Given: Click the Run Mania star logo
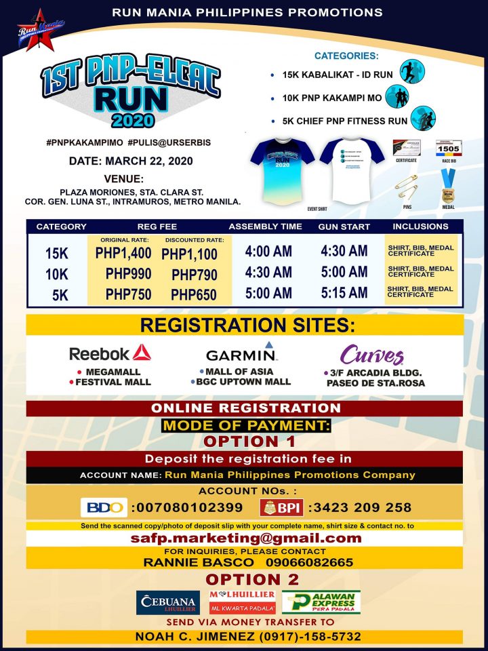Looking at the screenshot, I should pos(39,31).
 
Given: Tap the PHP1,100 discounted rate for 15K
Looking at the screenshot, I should pos(189,254).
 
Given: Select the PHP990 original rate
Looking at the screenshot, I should pos(128,274).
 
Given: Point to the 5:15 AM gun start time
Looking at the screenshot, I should pos(344,292).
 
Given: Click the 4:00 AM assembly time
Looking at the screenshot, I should pos(268,252).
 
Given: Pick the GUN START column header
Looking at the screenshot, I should pos(344,226).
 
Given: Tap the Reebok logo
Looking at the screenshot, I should pos(110,353).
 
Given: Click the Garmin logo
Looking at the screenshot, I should pos(242,353).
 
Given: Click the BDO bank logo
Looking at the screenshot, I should pos(104,507).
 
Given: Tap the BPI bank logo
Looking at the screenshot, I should pos(281,507).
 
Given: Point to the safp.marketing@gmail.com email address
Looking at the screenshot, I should pos(245,538).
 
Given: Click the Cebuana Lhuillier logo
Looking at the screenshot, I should pos(167,602).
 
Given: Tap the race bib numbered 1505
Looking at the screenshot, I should pos(448,150).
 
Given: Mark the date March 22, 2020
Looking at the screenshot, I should pos(131,161).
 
